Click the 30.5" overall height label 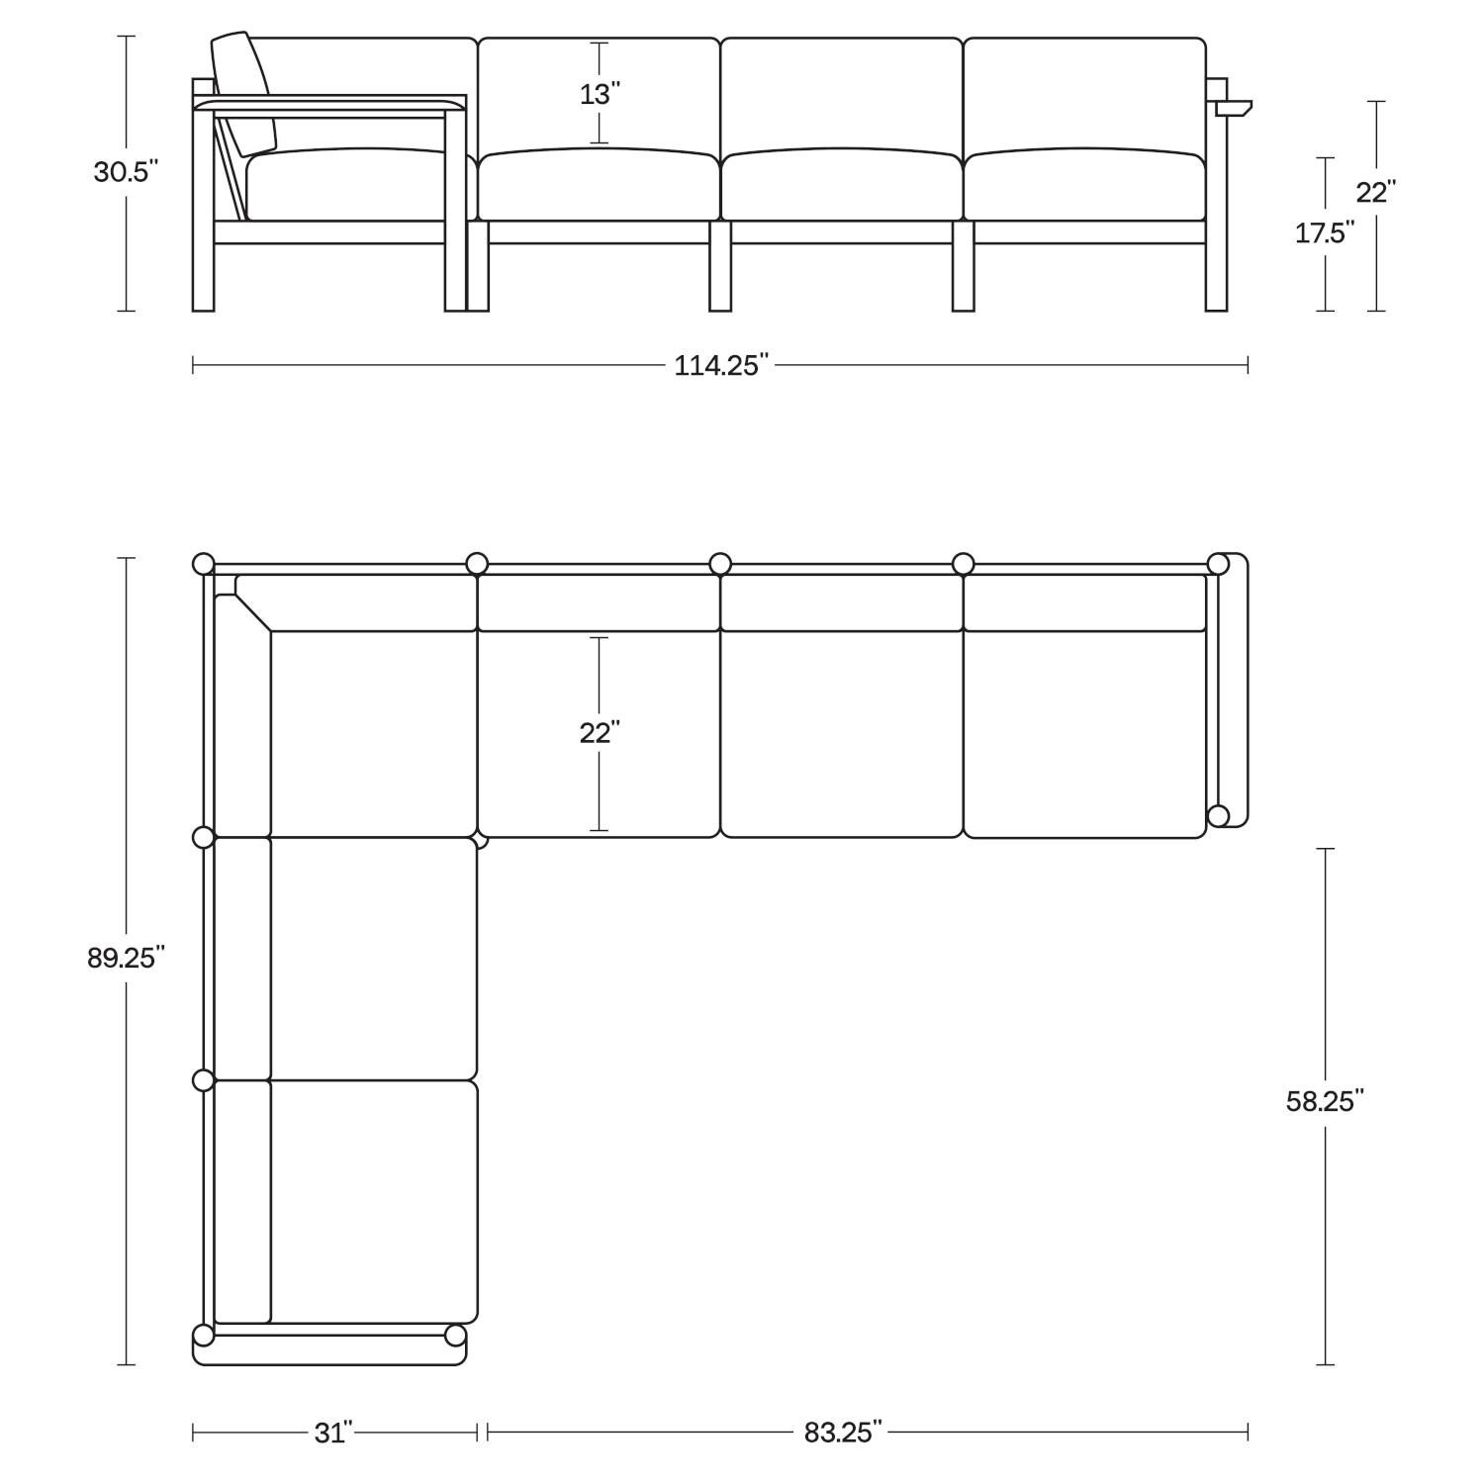126,171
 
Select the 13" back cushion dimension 600,94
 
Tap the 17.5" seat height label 1325,233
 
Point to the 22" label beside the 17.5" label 1375,192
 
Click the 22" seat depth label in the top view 600,733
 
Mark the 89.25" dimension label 126,958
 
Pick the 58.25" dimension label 1325,1101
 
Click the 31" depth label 334,1432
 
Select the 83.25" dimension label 843,1432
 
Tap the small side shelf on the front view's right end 1233,107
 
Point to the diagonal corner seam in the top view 253,612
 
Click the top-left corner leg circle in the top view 203,564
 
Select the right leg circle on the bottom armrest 455,1336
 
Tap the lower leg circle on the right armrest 1219,815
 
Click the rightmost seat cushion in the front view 1084,186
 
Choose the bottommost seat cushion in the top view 374,1201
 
